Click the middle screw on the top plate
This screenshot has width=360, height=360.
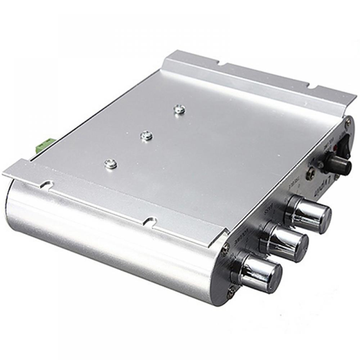[147, 135]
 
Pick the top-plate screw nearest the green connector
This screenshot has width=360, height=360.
[111, 164]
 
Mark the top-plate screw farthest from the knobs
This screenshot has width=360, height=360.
[179, 109]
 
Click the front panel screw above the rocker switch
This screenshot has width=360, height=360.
[348, 122]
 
